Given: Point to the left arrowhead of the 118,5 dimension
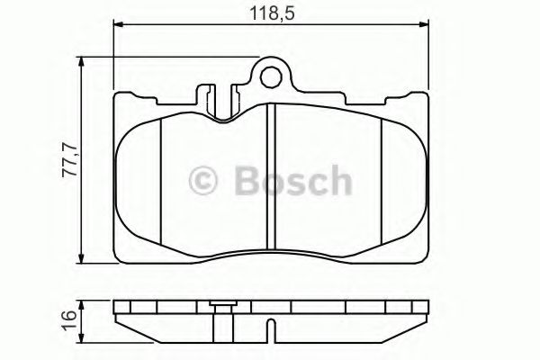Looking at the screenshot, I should coord(117,27).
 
